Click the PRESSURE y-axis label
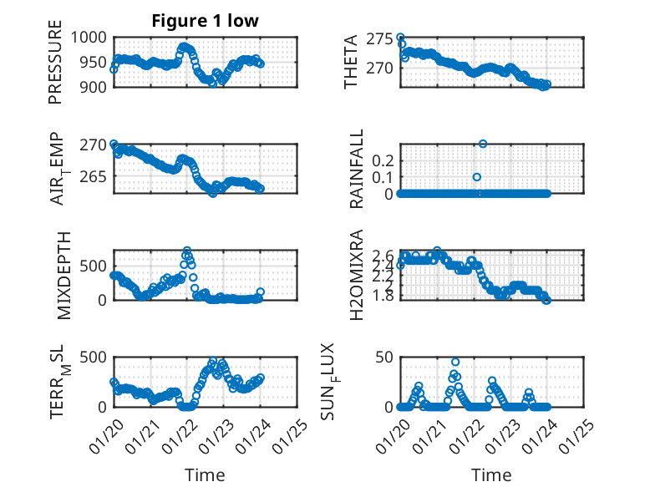55,68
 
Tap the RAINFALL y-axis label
357,169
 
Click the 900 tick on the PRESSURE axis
93,87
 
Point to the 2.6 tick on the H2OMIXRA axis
381,256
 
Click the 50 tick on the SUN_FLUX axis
383,358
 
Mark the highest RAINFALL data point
482,144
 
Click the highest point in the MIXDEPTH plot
187,251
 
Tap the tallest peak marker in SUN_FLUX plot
455,362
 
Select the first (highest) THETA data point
400,38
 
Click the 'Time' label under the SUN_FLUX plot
492,474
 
